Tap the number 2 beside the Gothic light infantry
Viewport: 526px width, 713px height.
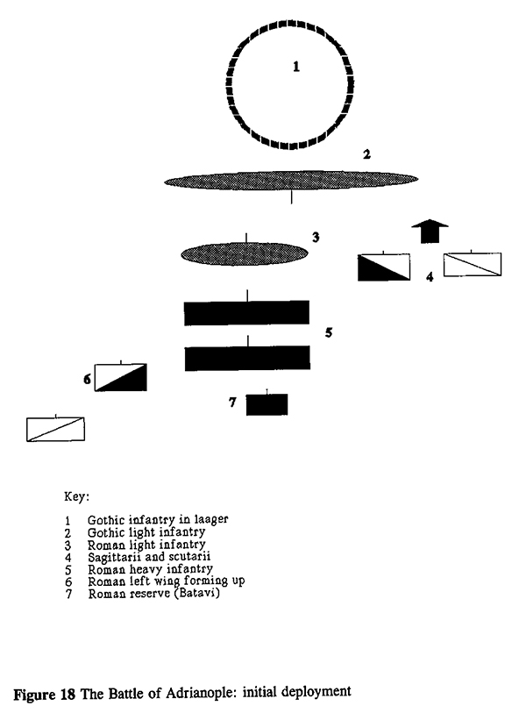tap(367, 154)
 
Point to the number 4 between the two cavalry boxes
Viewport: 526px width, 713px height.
tap(430, 277)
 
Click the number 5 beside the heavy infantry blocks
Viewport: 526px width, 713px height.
tap(328, 333)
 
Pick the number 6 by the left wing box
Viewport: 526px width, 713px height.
tap(86, 379)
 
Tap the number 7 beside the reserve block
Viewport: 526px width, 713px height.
tap(232, 403)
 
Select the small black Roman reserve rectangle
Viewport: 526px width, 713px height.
tap(267, 404)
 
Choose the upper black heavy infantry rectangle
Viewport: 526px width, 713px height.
tap(246, 312)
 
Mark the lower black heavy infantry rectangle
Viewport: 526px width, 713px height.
tap(246, 358)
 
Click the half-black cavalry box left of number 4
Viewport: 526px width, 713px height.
tap(383, 267)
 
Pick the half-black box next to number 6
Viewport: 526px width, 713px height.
tap(121, 376)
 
